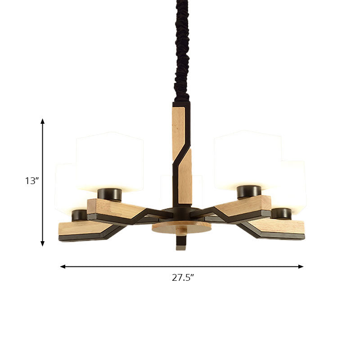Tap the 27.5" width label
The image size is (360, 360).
click(183, 278)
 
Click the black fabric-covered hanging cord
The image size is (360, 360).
click(182, 49)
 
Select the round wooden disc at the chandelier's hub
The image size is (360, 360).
click(181, 226)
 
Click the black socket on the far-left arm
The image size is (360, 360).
click(80, 215)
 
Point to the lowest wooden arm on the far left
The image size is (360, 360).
click(83, 229)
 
